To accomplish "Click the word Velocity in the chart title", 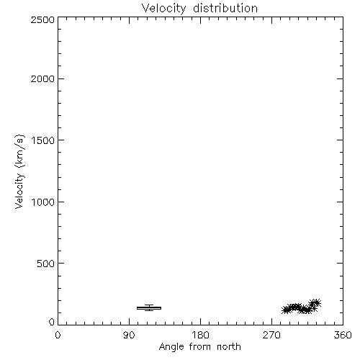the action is [x=163, y=9].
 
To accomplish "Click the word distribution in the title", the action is [x=225, y=9].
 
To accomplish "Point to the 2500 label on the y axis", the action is [x=42, y=20].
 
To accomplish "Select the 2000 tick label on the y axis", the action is [x=42, y=79].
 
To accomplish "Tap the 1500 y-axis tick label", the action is [x=43, y=140].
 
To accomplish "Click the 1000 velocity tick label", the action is [x=43, y=202].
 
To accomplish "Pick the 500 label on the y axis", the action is [x=46, y=264].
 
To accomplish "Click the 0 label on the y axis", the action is [x=52, y=322].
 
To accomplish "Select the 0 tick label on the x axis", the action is [x=58, y=335].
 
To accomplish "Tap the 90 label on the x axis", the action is [x=129, y=335].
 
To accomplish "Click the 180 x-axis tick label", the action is [x=200, y=335].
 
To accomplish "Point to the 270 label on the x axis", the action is [x=271, y=335].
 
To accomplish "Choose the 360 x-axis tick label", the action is [x=343, y=335].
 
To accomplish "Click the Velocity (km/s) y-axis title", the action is [x=19, y=171].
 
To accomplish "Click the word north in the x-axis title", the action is [x=229, y=347].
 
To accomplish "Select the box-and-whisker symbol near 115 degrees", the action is [x=149, y=308].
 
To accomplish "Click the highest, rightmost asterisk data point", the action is [x=317, y=303].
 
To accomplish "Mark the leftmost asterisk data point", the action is [x=285, y=310].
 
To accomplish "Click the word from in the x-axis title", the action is [x=200, y=347].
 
